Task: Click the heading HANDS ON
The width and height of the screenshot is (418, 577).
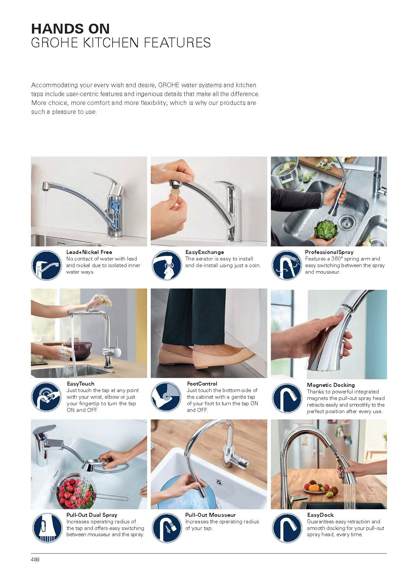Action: pyautogui.click(x=70, y=29)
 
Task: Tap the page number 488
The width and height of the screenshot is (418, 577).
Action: pyautogui.click(x=35, y=559)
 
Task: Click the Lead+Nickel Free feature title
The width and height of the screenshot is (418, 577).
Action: pyautogui.click(x=89, y=252)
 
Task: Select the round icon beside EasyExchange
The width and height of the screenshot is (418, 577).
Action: pyautogui.click(x=166, y=265)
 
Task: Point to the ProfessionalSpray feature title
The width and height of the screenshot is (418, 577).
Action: pyautogui.click(x=329, y=252)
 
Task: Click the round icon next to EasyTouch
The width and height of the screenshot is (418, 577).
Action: pyautogui.click(x=46, y=397)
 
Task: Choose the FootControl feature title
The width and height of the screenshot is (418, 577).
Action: pyautogui.click(x=202, y=384)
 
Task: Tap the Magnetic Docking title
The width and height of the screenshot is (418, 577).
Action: pyautogui.click(x=331, y=385)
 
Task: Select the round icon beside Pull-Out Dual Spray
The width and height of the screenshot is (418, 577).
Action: pyautogui.click(x=46, y=528)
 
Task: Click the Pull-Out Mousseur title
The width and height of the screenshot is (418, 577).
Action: pyautogui.click(x=210, y=515)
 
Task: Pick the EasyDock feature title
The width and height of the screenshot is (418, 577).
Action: pyautogui.click(x=320, y=515)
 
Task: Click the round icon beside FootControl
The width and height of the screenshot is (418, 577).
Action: pyautogui.click(x=166, y=397)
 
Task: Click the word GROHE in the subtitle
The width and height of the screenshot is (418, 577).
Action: pyautogui.click(x=48, y=43)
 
